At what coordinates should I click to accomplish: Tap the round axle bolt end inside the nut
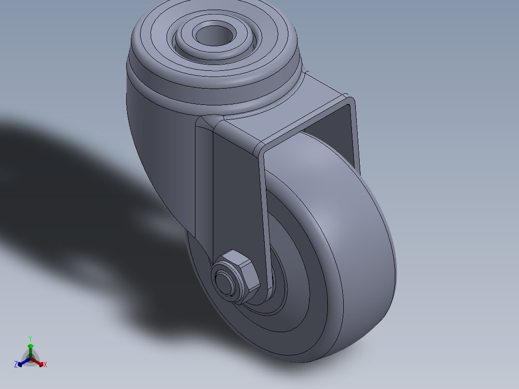tap(224, 280)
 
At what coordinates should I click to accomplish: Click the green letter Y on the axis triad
tap(30, 338)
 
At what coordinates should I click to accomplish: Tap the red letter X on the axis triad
tap(45, 365)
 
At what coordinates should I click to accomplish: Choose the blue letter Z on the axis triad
tap(16, 365)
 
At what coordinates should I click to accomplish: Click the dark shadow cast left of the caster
tap(72, 193)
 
